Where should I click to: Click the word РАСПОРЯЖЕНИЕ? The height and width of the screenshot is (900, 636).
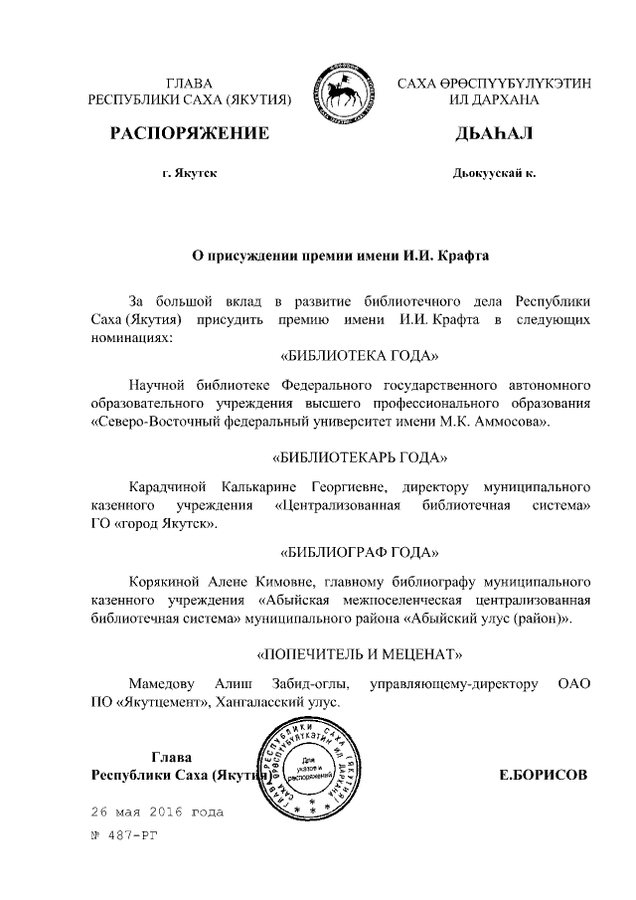point(189,133)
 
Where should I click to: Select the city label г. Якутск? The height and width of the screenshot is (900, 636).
point(189,173)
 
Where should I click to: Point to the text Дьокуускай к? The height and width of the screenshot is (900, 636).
point(493,173)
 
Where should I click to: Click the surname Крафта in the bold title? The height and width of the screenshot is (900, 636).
point(460,255)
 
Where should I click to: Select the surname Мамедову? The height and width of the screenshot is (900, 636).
point(162,684)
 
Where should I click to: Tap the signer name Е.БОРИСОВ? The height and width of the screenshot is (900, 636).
point(543,774)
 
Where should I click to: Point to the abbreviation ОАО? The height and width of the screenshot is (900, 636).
point(575,684)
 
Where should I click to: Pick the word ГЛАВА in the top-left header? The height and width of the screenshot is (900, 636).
point(189,83)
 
